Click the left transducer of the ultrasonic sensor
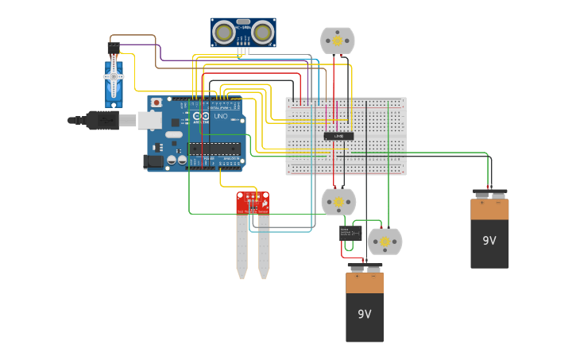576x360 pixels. click(226, 33)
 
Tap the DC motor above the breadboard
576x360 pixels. click(337, 40)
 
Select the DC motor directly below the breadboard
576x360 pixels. click(338, 202)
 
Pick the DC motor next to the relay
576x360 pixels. click(385, 241)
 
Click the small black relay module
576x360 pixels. click(350, 233)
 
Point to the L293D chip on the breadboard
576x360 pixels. click(338, 136)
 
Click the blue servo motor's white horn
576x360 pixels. click(114, 76)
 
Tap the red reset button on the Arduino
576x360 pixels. click(157, 103)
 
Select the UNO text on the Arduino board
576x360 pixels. click(220, 117)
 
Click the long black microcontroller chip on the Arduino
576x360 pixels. click(215, 148)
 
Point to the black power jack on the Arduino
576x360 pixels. click(153, 161)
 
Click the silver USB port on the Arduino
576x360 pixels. click(150, 120)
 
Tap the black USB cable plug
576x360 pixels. click(103, 120)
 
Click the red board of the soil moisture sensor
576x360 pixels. click(253, 203)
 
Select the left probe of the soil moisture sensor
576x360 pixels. click(242, 246)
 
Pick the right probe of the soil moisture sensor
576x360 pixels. click(263, 246)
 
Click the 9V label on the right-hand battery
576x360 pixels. click(489, 240)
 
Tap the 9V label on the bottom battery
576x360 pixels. click(364, 314)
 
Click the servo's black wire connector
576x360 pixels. click(114, 48)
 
